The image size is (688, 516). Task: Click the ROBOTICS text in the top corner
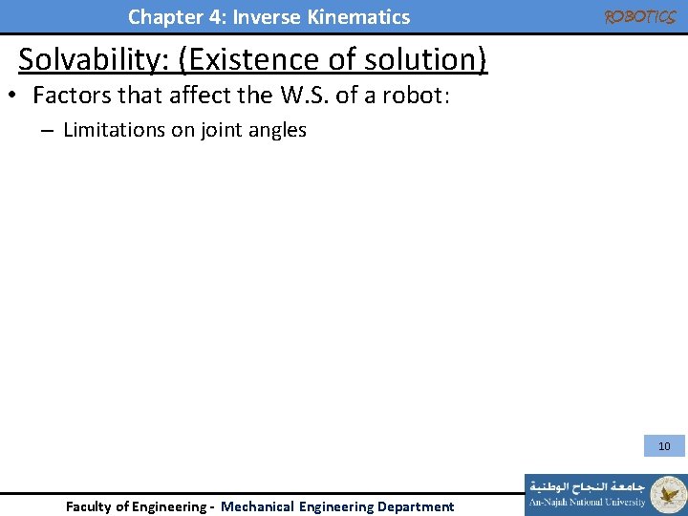639,17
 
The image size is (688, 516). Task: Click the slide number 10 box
664,445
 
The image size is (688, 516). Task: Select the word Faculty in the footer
89,506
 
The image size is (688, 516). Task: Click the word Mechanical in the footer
257,506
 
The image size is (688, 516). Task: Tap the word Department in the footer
416,506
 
